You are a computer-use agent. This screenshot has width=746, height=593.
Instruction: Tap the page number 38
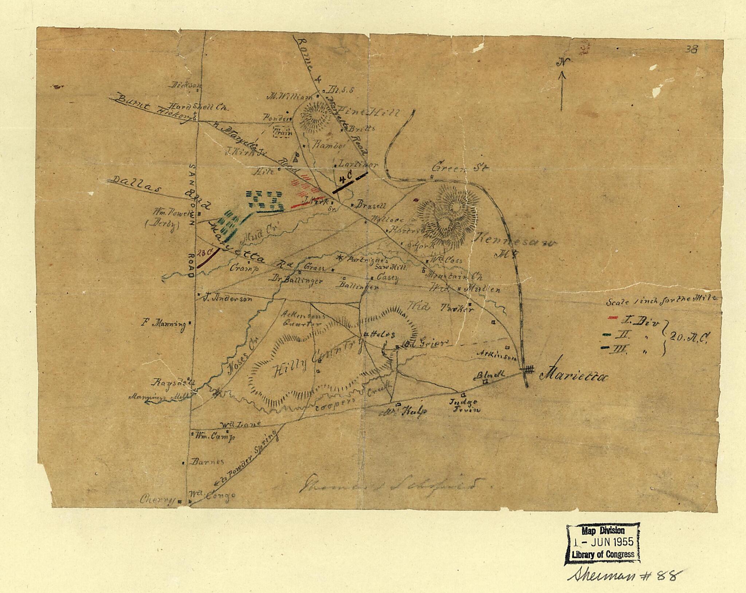tap(691, 49)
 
